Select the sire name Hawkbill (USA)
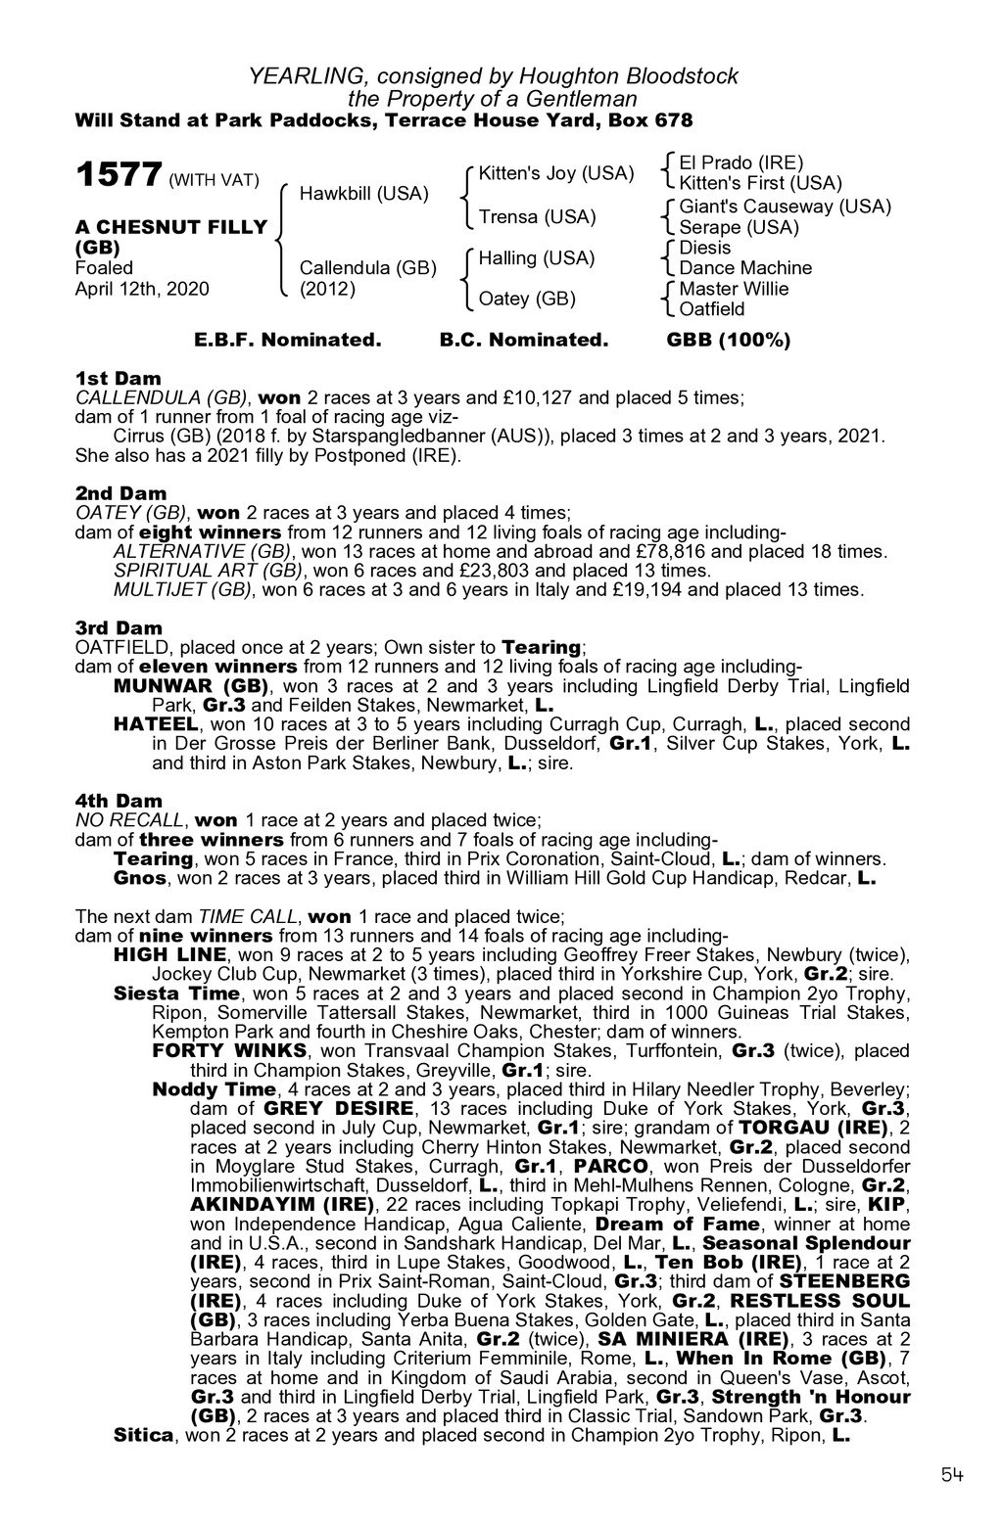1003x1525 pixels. point(363,194)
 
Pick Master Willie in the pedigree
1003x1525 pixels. point(734,289)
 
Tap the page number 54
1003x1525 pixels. point(952,1475)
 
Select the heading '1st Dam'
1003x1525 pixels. point(119,378)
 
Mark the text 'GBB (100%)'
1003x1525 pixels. point(728,341)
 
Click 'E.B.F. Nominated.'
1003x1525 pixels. point(287,341)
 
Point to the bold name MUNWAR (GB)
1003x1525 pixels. point(192,685)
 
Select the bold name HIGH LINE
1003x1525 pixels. point(171,954)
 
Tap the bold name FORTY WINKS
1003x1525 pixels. point(229,1051)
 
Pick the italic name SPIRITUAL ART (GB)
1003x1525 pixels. point(207,570)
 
